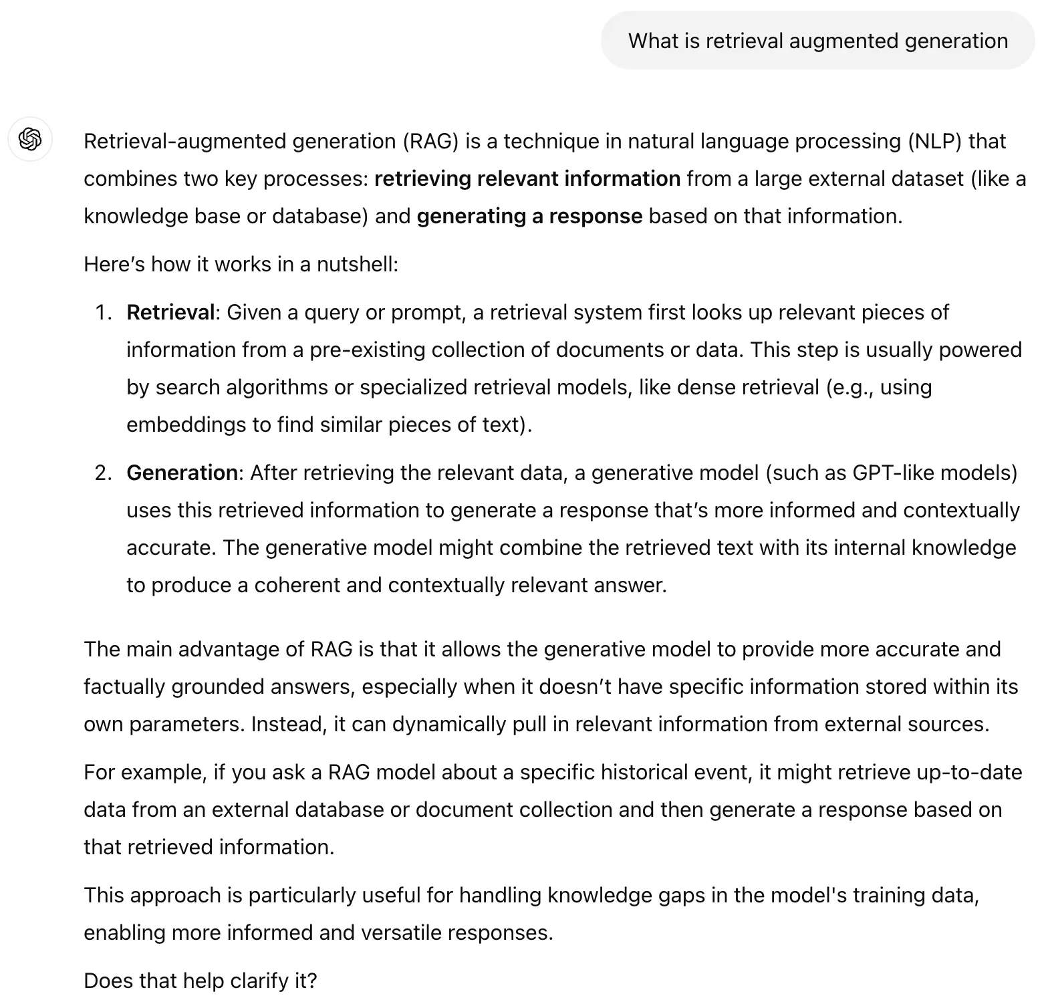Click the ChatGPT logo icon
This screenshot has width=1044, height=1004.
pyautogui.click(x=30, y=139)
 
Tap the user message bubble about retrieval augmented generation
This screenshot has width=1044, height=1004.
pyautogui.click(x=817, y=41)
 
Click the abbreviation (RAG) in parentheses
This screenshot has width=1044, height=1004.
pyautogui.click(x=430, y=142)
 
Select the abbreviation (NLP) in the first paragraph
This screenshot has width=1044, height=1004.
pyautogui.click(x=934, y=142)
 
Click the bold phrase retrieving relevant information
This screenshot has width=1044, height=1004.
pyautogui.click(x=527, y=179)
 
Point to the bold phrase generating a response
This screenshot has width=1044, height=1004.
pyautogui.click(x=529, y=217)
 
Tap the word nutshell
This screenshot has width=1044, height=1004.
pyautogui.click(x=357, y=265)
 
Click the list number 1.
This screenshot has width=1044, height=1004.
pyautogui.click(x=103, y=313)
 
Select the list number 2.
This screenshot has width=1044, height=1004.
pyautogui.click(x=103, y=473)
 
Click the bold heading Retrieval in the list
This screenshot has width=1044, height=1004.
pyautogui.click(x=170, y=313)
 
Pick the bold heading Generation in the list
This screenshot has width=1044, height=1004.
pyautogui.click(x=182, y=473)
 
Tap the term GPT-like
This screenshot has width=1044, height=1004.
pyautogui.click(x=892, y=473)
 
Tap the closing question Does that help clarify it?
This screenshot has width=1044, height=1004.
pyautogui.click(x=200, y=981)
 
